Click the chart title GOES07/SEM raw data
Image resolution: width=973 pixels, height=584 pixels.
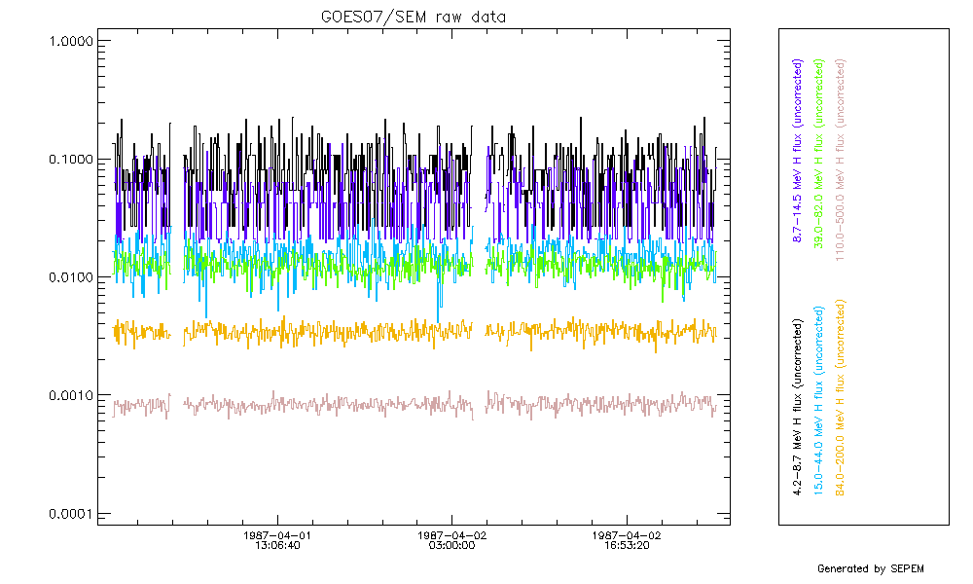click(414, 17)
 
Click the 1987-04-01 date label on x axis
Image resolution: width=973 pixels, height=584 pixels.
click(277, 535)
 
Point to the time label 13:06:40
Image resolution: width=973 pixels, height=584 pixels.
click(277, 547)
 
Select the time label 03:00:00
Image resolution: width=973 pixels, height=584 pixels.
click(451, 547)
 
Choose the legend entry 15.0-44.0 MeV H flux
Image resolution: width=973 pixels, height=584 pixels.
click(820, 401)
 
